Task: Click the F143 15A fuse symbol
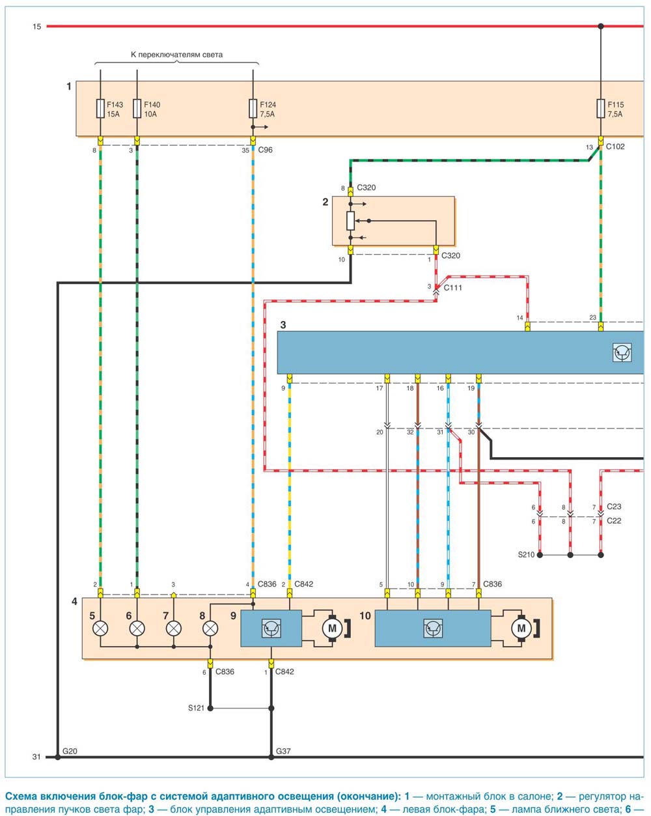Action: click(x=100, y=109)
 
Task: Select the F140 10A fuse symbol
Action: click(x=137, y=109)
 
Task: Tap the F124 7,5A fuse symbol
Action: click(x=253, y=109)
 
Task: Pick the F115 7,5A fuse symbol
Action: click(x=601, y=109)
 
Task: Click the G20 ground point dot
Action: click(x=58, y=757)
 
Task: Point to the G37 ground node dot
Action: click(x=271, y=757)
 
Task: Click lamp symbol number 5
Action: click(x=100, y=628)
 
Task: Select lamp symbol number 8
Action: click(x=210, y=628)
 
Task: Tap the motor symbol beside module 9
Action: click(x=332, y=628)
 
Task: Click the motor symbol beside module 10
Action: click(x=521, y=628)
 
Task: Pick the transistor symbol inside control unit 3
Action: click(x=622, y=352)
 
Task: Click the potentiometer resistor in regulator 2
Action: click(x=350, y=221)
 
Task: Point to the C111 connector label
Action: click(x=452, y=288)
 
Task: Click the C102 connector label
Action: click(x=615, y=147)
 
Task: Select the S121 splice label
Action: click(x=196, y=708)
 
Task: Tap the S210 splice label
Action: click(x=526, y=555)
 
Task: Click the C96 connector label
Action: click(x=265, y=150)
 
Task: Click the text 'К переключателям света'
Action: click(x=176, y=55)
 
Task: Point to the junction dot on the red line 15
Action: click(x=601, y=26)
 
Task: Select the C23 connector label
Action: click(x=614, y=507)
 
